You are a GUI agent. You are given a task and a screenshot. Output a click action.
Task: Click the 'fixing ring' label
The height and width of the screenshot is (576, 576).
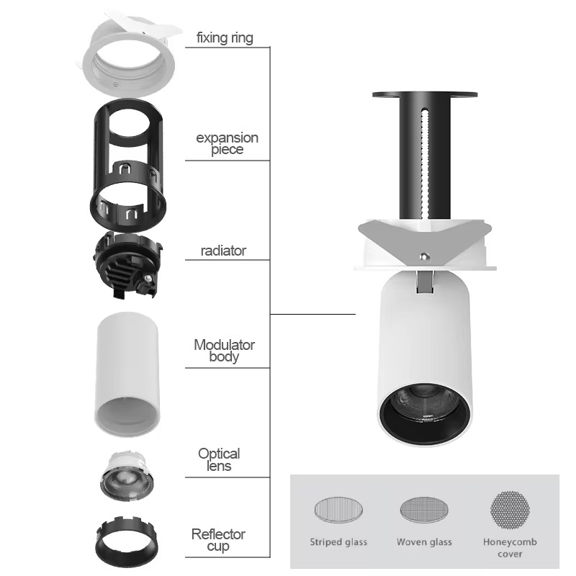pos(225,38)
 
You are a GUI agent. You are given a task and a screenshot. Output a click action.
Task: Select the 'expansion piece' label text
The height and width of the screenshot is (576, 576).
pos(227,143)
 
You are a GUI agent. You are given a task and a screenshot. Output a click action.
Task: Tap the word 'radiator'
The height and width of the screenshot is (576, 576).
pos(223,251)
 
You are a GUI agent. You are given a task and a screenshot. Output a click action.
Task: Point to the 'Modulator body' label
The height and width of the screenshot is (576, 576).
pos(224,351)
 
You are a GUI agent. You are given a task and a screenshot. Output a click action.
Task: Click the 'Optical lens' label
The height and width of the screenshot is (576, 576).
pos(219,459)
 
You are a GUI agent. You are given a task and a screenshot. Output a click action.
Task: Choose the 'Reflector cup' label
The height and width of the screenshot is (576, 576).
pos(218,540)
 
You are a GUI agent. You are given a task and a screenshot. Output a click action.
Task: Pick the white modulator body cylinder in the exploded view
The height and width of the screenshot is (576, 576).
pos(127,374)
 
